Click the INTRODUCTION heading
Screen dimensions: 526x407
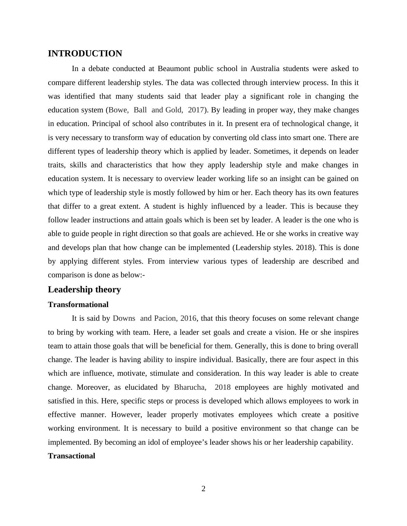[85, 54]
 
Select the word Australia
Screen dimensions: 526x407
[265, 69]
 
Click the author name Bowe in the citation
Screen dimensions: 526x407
[118, 110]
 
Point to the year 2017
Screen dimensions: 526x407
[196, 110]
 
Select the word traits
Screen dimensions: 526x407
[56, 165]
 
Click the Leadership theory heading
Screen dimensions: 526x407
[84, 290]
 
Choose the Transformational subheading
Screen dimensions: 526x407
[78, 305]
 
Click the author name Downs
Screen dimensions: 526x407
[124, 318]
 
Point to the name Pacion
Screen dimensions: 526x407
[165, 318]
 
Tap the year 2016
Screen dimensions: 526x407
[188, 318]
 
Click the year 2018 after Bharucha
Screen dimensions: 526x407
[222, 387]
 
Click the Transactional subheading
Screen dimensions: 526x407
[71, 456]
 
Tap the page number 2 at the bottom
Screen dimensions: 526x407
[203, 489]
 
